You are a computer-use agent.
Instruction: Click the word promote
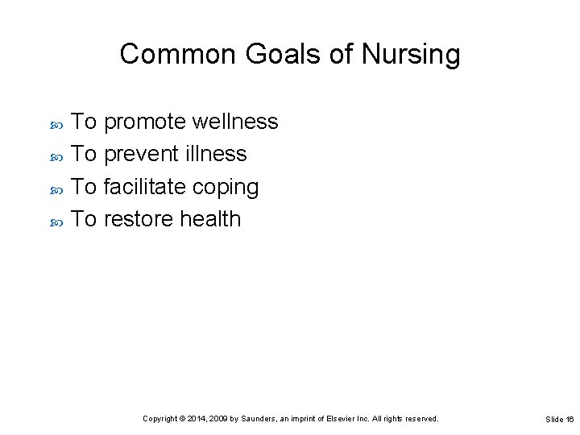point(147,122)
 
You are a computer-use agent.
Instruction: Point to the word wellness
point(237,122)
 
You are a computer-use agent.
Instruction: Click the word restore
point(140,218)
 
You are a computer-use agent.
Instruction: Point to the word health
point(210,218)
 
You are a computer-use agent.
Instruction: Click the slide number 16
point(569,419)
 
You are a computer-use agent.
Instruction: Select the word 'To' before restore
point(85,218)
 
